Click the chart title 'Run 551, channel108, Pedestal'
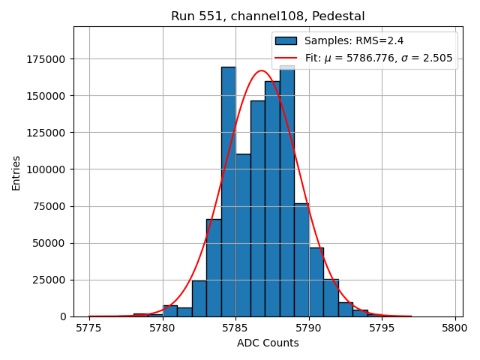tap(268, 16)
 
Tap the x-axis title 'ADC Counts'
tap(268, 343)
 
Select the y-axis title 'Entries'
tap(16, 172)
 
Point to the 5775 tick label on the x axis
tap(89, 328)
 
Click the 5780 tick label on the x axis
tap(163, 328)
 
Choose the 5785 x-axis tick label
tap(235, 328)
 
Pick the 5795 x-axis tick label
tap(382, 328)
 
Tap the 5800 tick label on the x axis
tap(454, 328)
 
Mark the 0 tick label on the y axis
tap(63, 316)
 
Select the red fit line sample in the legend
tap(286, 58)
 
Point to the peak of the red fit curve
tap(262, 71)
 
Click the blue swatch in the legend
tap(286, 40)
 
